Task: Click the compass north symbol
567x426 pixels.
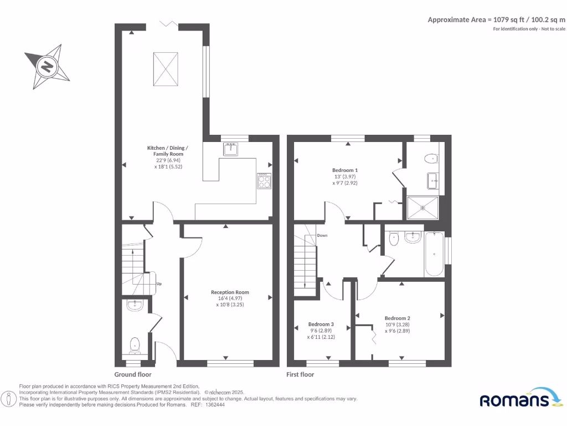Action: [x=48, y=67]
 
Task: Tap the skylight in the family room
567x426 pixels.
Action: [x=164, y=68]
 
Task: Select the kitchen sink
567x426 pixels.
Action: [x=230, y=149]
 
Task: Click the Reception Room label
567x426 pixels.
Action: [x=230, y=292]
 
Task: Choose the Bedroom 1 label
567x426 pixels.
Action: [x=345, y=170]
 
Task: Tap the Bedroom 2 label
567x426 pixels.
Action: [x=397, y=318]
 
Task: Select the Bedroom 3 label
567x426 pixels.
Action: [x=321, y=324]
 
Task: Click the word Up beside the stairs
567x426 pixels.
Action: [x=159, y=284]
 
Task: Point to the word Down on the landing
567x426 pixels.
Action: [x=322, y=235]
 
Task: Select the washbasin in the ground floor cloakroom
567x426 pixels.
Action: [x=135, y=305]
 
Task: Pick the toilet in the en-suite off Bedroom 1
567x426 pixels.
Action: [x=430, y=159]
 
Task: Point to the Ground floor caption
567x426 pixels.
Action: [x=133, y=374]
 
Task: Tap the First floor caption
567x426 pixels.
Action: [x=300, y=374]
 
